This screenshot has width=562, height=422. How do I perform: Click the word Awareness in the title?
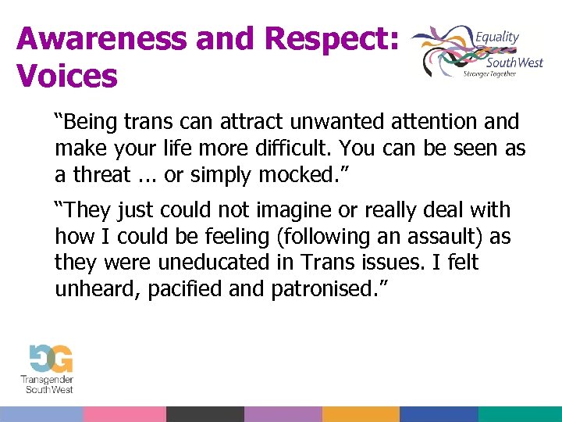coord(91,38)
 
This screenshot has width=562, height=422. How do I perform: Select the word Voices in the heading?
coord(67,76)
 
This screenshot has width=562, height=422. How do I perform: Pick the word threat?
coord(101,175)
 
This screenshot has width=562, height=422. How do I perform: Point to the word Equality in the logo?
coord(497,37)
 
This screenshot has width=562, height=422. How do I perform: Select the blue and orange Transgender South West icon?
coord(51,359)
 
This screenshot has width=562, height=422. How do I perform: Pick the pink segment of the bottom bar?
coord(124,414)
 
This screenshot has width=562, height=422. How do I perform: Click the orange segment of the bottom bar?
coord(361,414)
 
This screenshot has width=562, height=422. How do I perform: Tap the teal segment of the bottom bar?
coord(520,414)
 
